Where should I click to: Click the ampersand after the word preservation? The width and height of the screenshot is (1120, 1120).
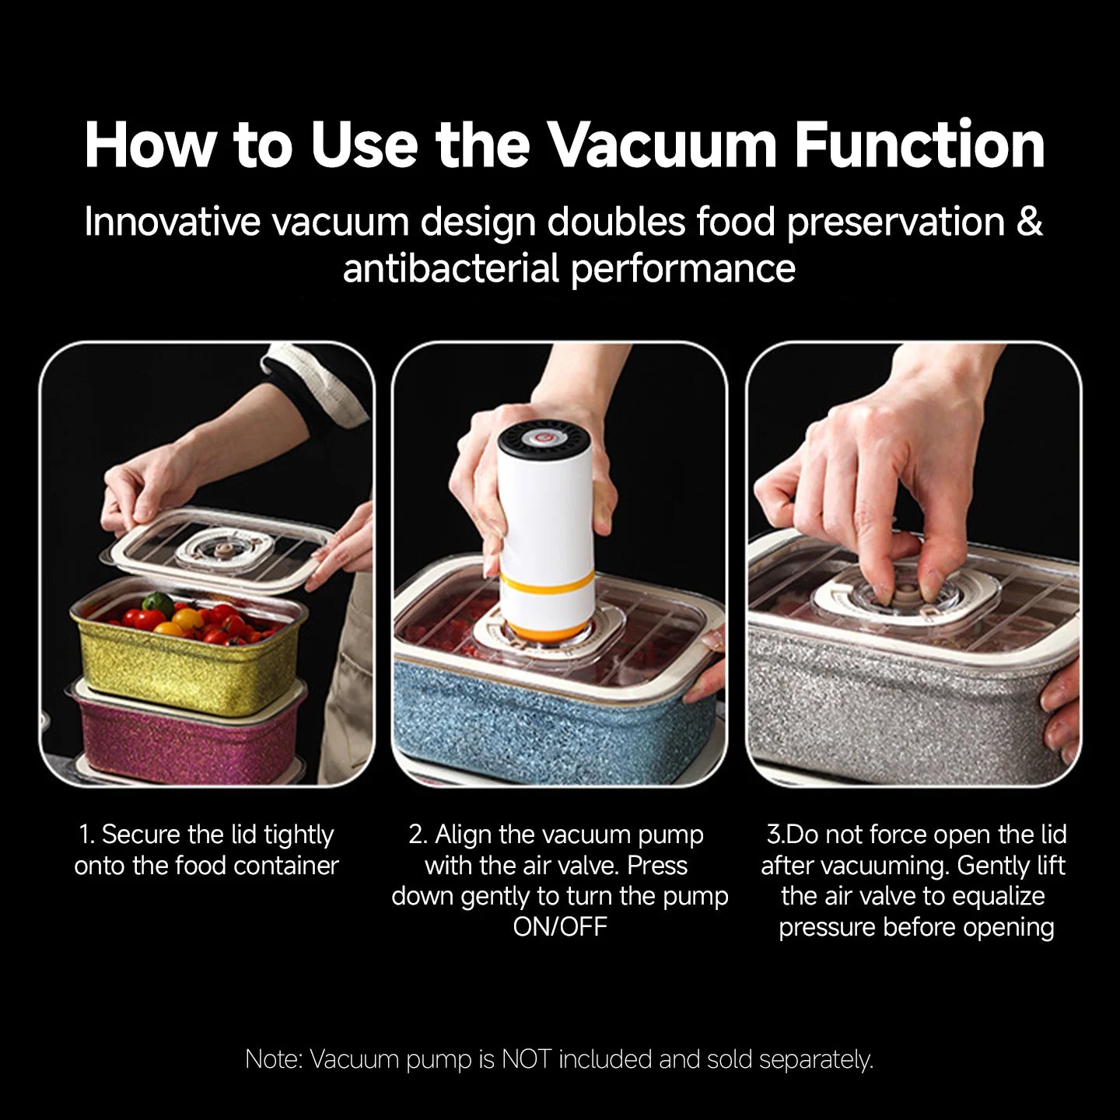[x=1029, y=222]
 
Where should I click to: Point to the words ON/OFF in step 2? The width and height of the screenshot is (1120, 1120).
[x=560, y=926]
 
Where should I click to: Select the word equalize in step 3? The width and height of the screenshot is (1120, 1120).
[x=999, y=896]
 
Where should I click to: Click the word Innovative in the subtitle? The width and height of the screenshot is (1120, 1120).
[x=171, y=222]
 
